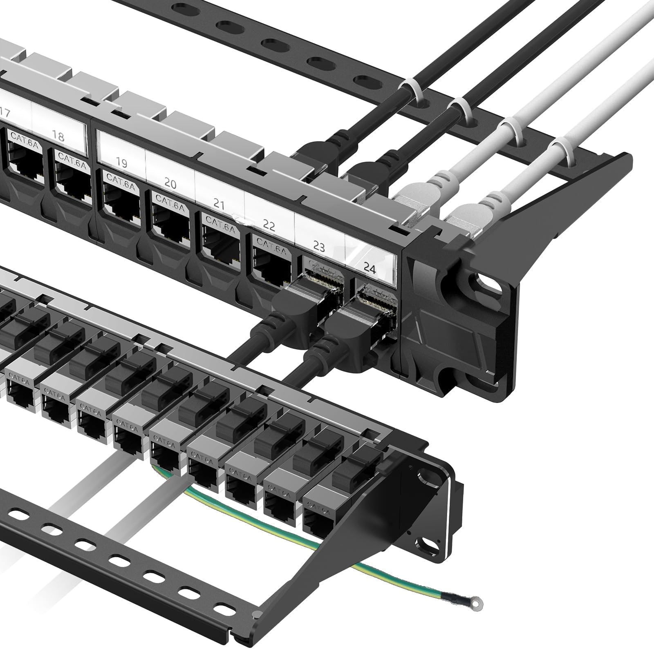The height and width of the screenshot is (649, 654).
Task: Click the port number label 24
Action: (x=369, y=268)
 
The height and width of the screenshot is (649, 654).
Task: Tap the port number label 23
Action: (x=319, y=246)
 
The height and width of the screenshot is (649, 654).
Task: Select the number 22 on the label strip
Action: (x=268, y=225)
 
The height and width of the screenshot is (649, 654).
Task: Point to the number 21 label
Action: (x=219, y=204)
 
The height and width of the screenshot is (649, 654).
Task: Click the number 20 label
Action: (x=170, y=183)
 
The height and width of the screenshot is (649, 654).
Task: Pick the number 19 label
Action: (x=121, y=163)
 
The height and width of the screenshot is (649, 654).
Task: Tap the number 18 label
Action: (x=58, y=136)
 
